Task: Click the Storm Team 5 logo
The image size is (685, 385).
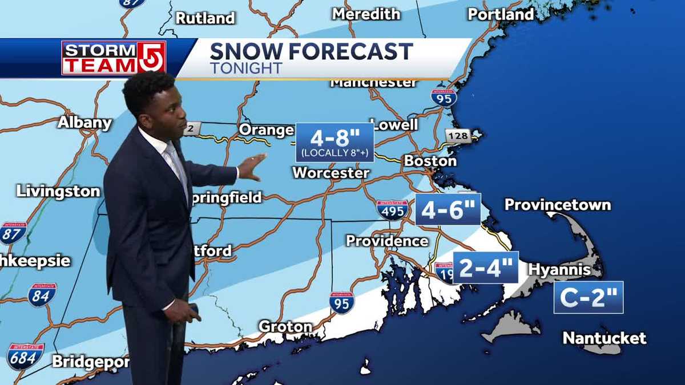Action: pos(114,58)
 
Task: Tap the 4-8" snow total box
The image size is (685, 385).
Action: pos(335,142)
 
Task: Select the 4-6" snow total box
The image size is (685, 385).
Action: pos(448,209)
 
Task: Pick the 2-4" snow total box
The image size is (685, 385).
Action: pos(486,268)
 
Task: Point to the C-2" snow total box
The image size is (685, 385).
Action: pos(588,297)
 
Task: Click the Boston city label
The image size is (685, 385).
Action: pos(430,161)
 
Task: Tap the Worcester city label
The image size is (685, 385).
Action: pos(331,172)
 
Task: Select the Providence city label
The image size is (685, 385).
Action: pos(387,241)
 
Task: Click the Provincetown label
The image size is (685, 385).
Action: pos(557,204)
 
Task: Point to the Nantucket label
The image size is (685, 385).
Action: pos(605,338)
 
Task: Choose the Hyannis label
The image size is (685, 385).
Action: pos(559,269)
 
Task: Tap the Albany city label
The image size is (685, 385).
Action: pos(84,123)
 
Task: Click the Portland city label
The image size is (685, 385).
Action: pos(501,14)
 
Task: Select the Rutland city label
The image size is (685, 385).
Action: pos(205,18)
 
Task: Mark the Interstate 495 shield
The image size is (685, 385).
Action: pos(392,210)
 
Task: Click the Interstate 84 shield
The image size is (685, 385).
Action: pos(42,295)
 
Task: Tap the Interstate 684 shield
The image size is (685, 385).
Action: pos(25,356)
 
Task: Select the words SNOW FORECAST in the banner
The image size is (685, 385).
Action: pos(311,51)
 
